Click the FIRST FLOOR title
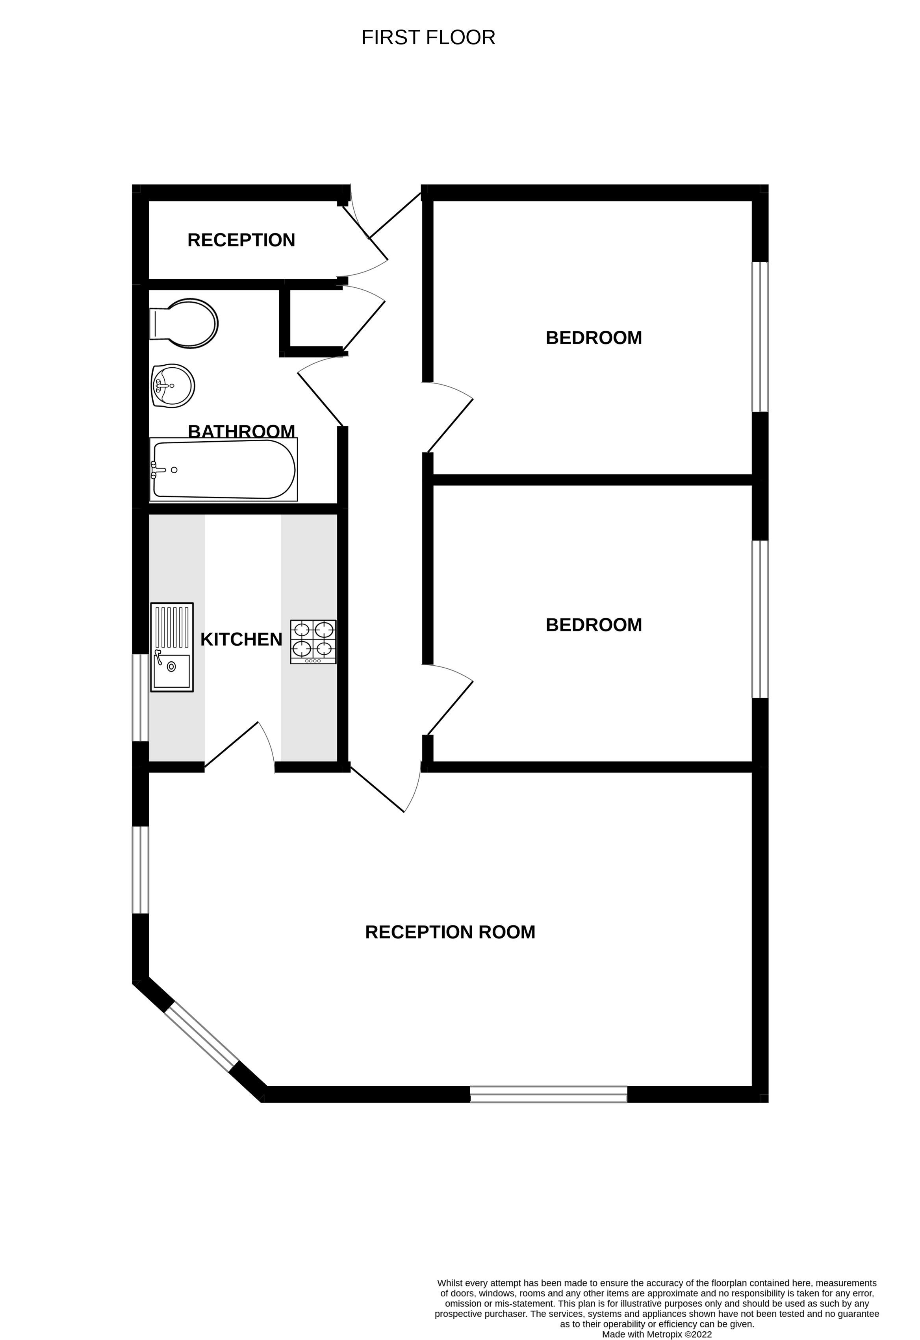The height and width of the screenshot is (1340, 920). tap(428, 37)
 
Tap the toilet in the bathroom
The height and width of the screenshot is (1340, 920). tap(184, 324)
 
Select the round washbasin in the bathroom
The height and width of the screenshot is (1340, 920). tap(173, 386)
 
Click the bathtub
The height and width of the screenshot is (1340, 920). tap(223, 469)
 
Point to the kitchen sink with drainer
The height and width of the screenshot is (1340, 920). tap(172, 647)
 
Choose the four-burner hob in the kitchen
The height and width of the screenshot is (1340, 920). tap(313, 642)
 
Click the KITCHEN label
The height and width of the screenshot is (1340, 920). tap(241, 639)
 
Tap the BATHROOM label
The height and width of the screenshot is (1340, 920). tap(242, 431)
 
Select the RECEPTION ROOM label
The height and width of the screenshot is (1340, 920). tap(450, 932)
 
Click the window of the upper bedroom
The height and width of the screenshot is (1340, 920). tap(760, 337)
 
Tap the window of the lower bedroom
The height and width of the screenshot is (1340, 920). tap(760, 619)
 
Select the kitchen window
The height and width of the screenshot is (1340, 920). tap(141, 697)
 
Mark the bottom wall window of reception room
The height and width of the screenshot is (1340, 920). tap(549, 1094)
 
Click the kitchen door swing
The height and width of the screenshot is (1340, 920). tap(240, 746)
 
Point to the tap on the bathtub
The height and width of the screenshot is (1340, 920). tap(158, 470)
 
